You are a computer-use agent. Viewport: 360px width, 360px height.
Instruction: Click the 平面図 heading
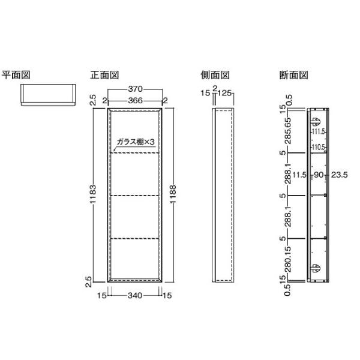point(16,75)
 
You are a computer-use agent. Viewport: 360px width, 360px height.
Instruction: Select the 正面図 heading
point(104,75)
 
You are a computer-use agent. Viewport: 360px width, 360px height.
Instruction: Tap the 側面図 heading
point(215,75)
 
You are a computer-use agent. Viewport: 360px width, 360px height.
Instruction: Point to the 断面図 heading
point(293,75)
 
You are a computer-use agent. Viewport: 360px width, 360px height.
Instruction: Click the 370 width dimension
point(136,89)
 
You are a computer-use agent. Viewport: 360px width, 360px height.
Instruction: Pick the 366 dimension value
point(136,101)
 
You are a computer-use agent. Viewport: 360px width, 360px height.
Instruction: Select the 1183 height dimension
point(93,194)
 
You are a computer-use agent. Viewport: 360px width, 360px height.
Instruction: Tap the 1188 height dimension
point(173,194)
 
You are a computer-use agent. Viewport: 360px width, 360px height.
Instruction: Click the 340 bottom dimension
point(135,295)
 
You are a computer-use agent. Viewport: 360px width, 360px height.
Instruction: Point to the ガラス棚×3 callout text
point(136,142)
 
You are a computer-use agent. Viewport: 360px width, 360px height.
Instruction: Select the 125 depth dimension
point(224,93)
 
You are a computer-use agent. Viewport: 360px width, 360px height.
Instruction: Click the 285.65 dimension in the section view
point(288,131)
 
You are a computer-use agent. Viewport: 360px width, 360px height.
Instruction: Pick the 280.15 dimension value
point(288,259)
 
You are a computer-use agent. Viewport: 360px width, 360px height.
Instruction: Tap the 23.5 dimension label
point(340,175)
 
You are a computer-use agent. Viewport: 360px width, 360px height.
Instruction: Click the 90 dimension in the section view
point(319,175)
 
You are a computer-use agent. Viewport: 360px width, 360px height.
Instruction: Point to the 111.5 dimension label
point(319,132)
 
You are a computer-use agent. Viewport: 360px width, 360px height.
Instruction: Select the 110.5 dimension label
point(319,147)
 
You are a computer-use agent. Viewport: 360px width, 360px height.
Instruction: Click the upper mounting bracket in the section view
point(315,122)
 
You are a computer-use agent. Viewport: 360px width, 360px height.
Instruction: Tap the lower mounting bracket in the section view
point(315,268)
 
